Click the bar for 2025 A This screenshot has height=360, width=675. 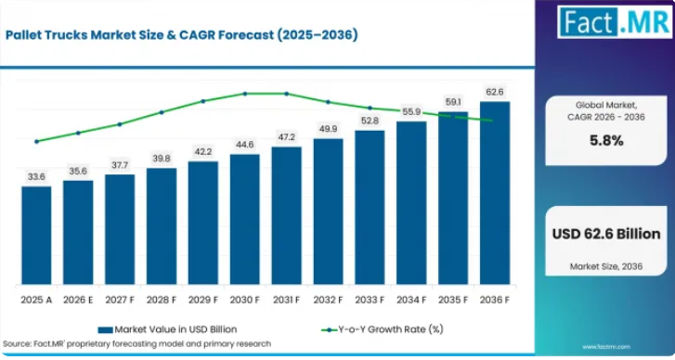pos(36,236)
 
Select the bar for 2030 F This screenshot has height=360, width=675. pos(245,219)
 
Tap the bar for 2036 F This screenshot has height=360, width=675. pos(495,193)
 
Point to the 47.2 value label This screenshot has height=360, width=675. pos(287,137)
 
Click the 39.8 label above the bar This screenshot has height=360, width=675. pos(162,159)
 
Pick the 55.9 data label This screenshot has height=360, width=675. pos(411,112)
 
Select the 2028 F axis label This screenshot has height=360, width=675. pos(162,300)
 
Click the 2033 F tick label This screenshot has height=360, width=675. pos(370,300)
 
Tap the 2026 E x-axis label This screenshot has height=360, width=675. pos(78,300)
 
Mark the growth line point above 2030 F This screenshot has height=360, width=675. pos(245,94)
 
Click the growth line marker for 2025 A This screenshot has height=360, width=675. pos(36,142)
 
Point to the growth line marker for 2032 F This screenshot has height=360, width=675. pos(328,102)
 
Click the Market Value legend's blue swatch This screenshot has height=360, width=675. pos(106,330)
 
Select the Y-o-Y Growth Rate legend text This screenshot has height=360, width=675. pos(391,329)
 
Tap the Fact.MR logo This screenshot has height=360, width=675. pos(615,22)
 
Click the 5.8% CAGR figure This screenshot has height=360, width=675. pos(606,141)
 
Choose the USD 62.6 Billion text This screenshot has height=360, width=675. pos(606,234)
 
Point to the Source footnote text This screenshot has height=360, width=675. pos(136,343)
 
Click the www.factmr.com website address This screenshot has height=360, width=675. pos(606,347)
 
